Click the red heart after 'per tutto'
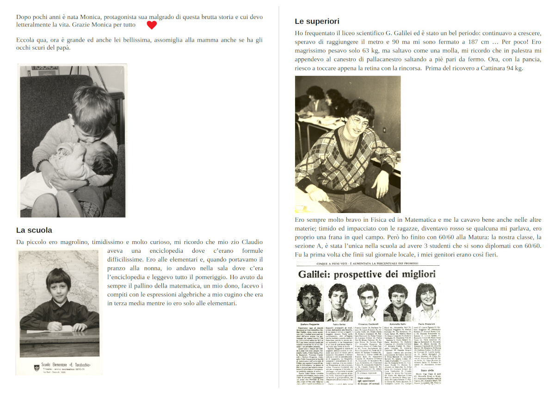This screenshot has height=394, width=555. [x=152, y=25]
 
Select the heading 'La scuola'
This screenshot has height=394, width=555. [x=34, y=230]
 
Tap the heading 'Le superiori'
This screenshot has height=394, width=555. [x=317, y=21]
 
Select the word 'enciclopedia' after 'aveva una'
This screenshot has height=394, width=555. [x=156, y=250]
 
